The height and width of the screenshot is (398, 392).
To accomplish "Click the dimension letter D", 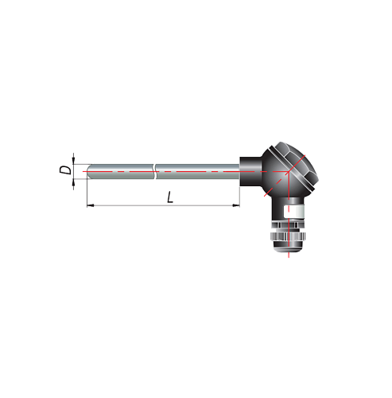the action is (x=65, y=170).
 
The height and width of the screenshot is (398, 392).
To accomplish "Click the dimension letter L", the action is (x=170, y=197).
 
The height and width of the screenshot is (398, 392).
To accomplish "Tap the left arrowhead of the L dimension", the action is (x=91, y=205).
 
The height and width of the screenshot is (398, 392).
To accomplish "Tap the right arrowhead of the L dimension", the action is (x=236, y=205).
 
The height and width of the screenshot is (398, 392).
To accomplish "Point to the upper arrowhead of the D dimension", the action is (x=74, y=161).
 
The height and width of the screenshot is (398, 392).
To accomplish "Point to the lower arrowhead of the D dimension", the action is (x=74, y=182).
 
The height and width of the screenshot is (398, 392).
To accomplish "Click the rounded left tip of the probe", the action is (x=89, y=171).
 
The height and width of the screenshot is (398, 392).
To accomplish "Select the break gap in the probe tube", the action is (x=154, y=171).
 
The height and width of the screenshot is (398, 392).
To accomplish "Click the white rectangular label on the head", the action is (x=293, y=212).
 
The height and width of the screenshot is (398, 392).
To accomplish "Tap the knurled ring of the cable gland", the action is (x=288, y=236).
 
